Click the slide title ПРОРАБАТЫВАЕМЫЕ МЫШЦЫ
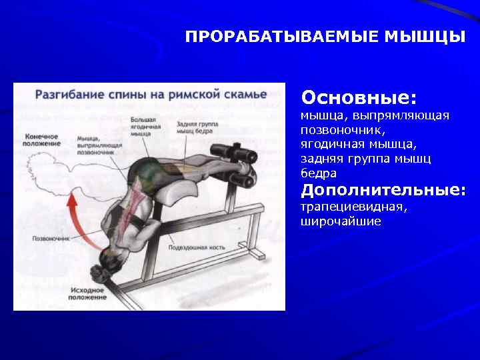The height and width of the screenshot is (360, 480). click(x=325, y=36)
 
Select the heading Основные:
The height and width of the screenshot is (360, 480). click(x=359, y=98)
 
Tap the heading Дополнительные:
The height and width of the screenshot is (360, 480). click(x=383, y=191)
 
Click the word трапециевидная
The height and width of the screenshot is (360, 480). click(x=354, y=207)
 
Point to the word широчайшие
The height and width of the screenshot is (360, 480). click(x=341, y=221)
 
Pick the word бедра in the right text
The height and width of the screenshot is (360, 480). click(x=318, y=173)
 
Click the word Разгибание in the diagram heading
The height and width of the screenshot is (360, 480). click(x=65, y=95)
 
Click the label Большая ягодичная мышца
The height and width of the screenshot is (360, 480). click(x=145, y=127)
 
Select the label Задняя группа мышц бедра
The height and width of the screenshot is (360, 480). click(x=195, y=127)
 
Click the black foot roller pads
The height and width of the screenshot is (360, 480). click(x=244, y=167)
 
